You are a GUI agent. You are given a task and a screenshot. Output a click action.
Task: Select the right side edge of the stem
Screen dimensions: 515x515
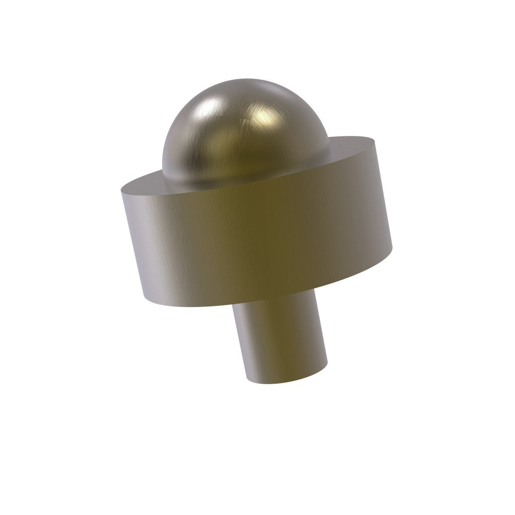[x=324, y=330]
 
